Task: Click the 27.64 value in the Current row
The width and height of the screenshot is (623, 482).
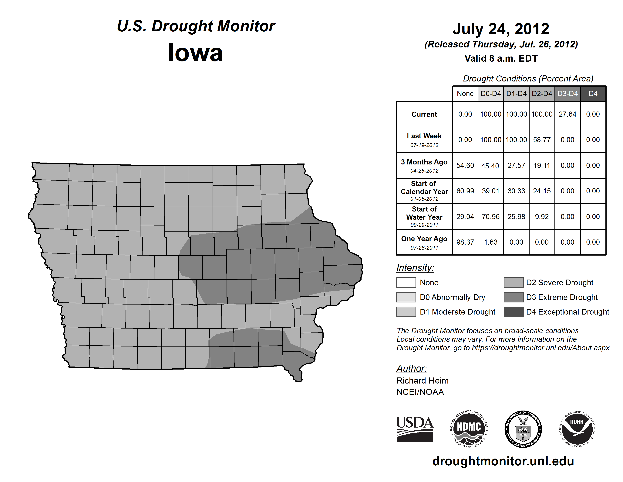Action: (x=567, y=114)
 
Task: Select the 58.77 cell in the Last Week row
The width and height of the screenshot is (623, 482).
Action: (x=542, y=140)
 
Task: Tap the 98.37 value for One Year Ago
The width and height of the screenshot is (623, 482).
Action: (x=465, y=242)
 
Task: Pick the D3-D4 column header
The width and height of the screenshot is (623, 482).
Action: (x=567, y=94)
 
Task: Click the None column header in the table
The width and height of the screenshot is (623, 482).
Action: (x=465, y=94)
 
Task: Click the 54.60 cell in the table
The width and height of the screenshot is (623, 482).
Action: (x=465, y=165)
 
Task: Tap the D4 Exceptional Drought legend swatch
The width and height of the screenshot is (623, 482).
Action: (x=514, y=312)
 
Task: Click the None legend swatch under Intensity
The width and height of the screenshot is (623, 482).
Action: (x=406, y=282)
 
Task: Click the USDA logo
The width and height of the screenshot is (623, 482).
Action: (x=415, y=429)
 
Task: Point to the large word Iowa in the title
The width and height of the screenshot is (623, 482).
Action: (x=195, y=53)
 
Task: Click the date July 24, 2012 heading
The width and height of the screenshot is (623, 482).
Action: (x=501, y=29)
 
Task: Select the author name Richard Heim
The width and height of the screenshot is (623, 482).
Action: (x=423, y=381)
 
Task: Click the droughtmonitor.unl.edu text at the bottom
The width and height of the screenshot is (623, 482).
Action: (x=503, y=461)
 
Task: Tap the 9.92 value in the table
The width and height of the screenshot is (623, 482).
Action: (x=542, y=217)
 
